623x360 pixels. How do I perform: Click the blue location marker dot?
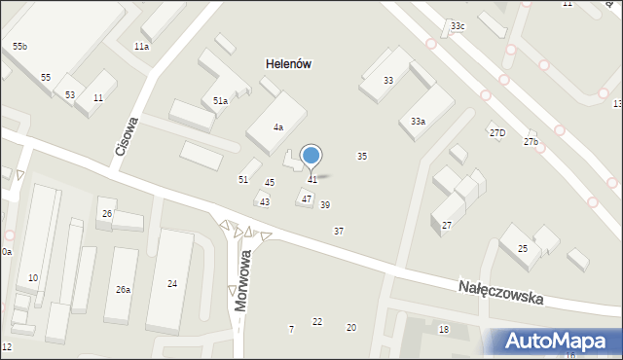pyautogui.click(x=311, y=155)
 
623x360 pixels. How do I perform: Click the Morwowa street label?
pyautogui.click(x=243, y=279)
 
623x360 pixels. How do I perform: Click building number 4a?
pyautogui.click(x=278, y=127)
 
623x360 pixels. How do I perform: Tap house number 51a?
pyautogui.click(x=221, y=100)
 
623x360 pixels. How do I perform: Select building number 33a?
pyautogui.click(x=418, y=122)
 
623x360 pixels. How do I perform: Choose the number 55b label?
pyautogui.click(x=19, y=47)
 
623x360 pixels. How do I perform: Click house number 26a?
pyautogui.click(x=124, y=289)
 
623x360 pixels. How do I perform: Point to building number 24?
pyautogui.click(x=172, y=284)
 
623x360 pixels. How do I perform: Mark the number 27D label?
pyautogui.click(x=497, y=132)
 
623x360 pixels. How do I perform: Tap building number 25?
pyautogui.click(x=523, y=249)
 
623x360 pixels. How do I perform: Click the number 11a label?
pyautogui.click(x=141, y=47)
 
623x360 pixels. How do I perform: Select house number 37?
pyautogui.click(x=339, y=231)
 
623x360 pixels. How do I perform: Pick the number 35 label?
pyautogui.click(x=362, y=156)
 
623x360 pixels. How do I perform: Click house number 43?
pyautogui.click(x=264, y=201)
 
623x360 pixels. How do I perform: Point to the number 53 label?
pyautogui.click(x=70, y=94)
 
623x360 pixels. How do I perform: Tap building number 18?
pyautogui.click(x=444, y=330)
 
